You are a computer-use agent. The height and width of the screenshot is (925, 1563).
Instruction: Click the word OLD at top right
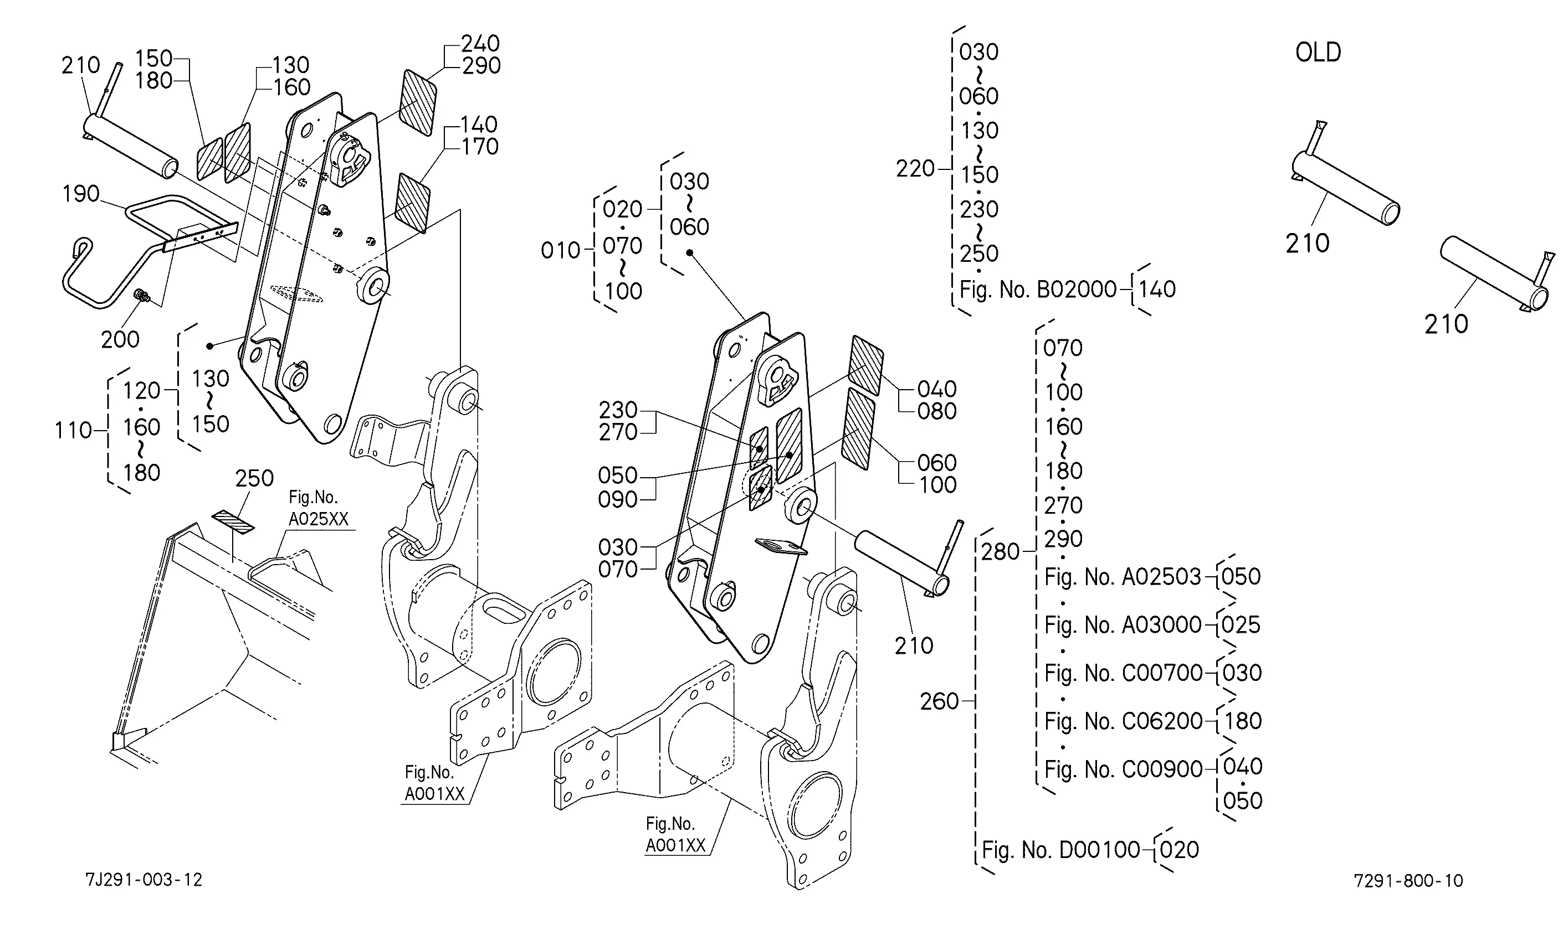coord(1318,53)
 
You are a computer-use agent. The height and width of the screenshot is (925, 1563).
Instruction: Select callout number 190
coord(80,194)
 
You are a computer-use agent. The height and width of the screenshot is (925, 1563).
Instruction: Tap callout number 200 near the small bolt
coord(120,339)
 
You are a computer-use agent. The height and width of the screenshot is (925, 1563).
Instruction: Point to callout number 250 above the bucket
coord(254,478)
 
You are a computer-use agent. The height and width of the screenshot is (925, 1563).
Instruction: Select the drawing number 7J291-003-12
coord(144,880)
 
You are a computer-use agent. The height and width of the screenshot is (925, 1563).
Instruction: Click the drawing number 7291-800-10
coord(1408,881)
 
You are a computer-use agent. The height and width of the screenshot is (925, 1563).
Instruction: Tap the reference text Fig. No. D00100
coord(1061,850)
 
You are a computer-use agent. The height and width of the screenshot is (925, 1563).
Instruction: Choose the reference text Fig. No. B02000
coord(1038,289)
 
